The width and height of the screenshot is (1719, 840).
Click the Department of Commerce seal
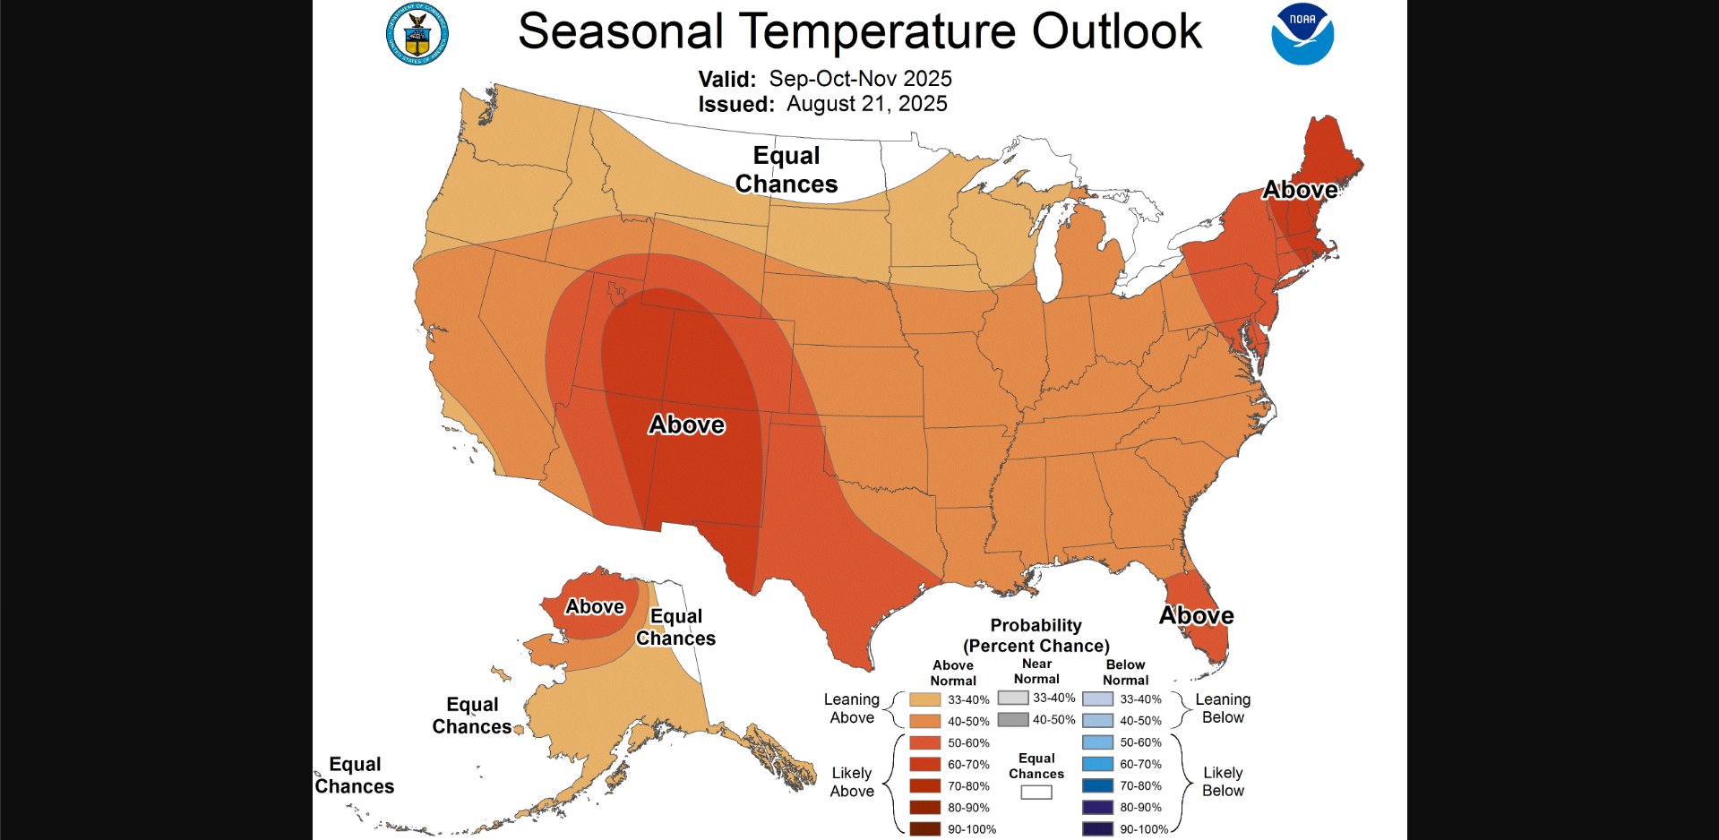(417, 35)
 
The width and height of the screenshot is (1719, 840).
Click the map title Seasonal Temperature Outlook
(859, 31)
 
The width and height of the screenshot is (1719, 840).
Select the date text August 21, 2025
(866, 104)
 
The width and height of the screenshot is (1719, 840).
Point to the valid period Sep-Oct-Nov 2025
(860, 79)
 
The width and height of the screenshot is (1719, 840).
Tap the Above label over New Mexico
(686, 424)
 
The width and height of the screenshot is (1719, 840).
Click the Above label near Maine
(1300, 190)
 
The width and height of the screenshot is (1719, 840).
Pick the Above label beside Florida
(1196, 615)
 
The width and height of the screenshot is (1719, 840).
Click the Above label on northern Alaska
(595, 606)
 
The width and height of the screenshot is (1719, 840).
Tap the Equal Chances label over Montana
(786, 169)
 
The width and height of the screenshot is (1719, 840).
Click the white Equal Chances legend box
(1036, 793)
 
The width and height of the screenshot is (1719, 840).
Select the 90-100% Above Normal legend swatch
(924, 829)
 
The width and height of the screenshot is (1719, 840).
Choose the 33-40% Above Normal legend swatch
(924, 699)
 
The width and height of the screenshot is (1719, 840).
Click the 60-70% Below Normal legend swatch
(1097, 764)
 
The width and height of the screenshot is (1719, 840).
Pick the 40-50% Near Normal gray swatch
(1012, 719)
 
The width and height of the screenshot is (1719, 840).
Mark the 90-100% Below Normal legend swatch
(1097, 829)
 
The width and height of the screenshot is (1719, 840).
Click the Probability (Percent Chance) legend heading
(1036, 636)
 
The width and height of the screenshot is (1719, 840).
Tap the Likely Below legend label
(1223, 781)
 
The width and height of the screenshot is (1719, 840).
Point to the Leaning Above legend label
(851, 708)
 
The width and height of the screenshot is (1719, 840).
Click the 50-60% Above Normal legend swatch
(924, 742)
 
